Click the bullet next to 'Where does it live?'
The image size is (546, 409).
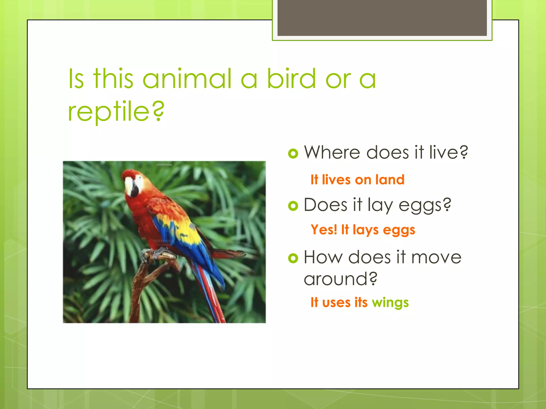[x=293, y=153]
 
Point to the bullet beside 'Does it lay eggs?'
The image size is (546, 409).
[x=293, y=206]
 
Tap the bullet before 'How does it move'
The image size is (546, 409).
[x=293, y=258]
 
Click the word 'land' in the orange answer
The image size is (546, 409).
[x=390, y=180]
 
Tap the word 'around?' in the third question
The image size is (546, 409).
[x=340, y=279]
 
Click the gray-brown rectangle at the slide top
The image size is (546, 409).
[x=382, y=18]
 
